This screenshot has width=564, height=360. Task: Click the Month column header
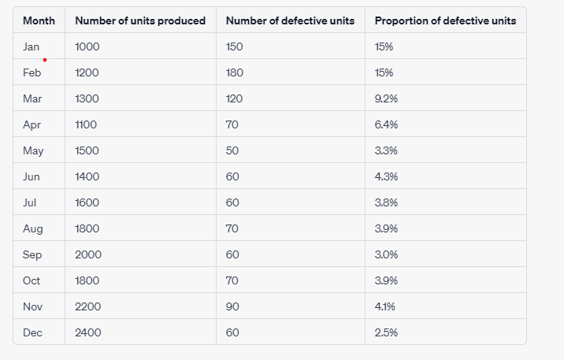tap(39, 20)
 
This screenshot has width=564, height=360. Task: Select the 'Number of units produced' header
tap(140, 20)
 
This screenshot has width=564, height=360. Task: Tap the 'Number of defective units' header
tap(290, 20)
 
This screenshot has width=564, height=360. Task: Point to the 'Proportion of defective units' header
tap(445, 20)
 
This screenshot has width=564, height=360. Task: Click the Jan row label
tap(32, 46)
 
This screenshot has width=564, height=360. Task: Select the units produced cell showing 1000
tap(87, 46)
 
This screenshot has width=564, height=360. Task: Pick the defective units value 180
tap(235, 72)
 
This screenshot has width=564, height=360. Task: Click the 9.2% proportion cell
tap(387, 98)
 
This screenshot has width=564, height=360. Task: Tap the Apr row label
tap(32, 124)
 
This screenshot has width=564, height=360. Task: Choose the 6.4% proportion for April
tap(387, 124)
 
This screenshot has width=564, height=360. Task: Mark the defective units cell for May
tap(232, 150)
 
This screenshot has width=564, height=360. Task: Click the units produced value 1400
tap(87, 176)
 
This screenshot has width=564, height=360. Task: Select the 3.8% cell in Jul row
tap(387, 202)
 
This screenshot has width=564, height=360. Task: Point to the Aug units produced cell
tap(87, 228)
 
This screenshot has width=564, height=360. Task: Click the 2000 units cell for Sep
tap(88, 254)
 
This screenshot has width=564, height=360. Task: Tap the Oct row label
tap(32, 280)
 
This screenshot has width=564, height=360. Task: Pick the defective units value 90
tap(232, 306)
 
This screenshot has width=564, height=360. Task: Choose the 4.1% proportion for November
tap(386, 306)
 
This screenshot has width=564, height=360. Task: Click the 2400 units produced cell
tap(88, 332)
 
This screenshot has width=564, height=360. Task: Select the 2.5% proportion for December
tap(387, 332)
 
